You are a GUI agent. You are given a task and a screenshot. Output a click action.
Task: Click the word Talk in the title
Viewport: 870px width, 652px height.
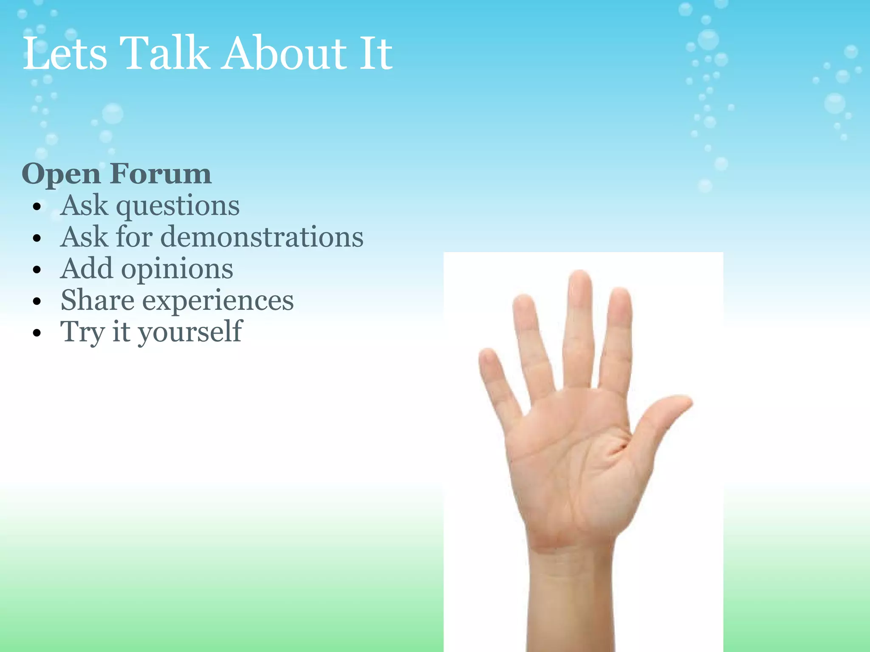tap(164, 53)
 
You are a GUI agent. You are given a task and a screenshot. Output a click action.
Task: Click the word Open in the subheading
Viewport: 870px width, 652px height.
tap(61, 175)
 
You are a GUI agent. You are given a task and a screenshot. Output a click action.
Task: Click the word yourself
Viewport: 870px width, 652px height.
tap(190, 332)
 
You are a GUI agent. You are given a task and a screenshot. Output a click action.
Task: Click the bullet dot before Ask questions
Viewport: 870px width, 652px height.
tap(37, 207)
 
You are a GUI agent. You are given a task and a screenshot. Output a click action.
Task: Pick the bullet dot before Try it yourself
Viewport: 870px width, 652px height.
tap(37, 332)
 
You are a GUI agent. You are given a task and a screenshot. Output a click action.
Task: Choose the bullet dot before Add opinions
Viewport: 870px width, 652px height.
tap(37, 270)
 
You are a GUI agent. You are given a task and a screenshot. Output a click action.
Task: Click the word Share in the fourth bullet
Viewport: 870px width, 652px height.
tap(97, 301)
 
